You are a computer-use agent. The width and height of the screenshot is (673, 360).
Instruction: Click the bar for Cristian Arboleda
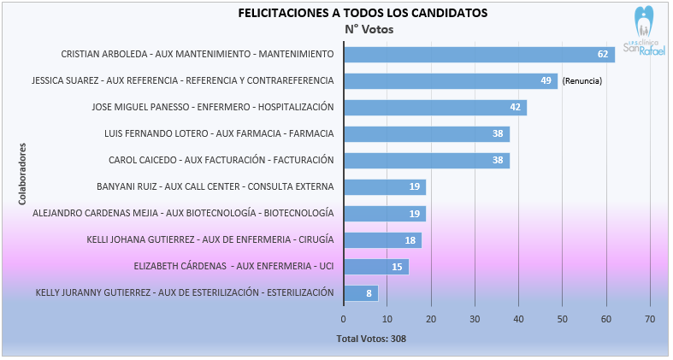coord(479,54)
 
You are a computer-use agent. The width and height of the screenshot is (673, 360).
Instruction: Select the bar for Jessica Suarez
coord(451,81)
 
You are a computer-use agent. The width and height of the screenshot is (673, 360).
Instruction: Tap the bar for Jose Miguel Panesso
coord(435,108)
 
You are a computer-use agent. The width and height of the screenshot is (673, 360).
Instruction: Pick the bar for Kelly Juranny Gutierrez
coord(360,292)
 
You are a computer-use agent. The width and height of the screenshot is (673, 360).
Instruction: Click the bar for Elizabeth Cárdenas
coord(376,267)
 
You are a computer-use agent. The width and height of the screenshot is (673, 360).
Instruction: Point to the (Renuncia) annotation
coord(582,81)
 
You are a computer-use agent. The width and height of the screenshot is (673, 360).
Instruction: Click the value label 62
coord(603,55)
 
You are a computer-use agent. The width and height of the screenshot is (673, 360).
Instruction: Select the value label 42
coord(515,108)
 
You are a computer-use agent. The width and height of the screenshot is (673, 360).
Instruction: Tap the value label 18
coord(410,240)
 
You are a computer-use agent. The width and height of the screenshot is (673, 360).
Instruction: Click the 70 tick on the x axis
coord(650,319)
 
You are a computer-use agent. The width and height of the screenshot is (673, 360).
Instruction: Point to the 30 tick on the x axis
coord(475,319)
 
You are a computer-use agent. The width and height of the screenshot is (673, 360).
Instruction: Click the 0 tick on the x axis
coord(344,319)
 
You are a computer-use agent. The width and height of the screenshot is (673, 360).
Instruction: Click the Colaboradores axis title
coord(23,174)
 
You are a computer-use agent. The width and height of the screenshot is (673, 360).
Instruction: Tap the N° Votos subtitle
coord(369,29)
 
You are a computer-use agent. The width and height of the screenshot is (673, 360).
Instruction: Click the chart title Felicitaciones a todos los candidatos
coord(363,13)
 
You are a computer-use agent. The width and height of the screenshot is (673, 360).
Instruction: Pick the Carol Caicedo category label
coord(221,160)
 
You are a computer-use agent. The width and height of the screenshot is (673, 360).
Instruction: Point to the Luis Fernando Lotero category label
coord(219,133)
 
